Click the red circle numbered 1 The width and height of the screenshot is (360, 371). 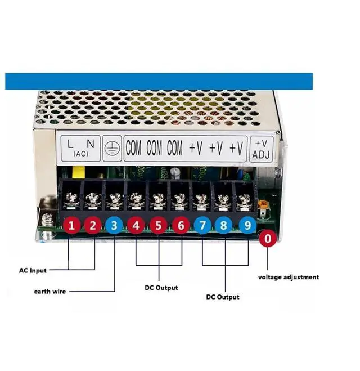[x=71, y=226]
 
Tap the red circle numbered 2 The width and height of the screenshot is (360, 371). [x=93, y=226]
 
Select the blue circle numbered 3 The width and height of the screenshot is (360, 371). [x=115, y=226]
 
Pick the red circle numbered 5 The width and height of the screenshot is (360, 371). [x=159, y=226]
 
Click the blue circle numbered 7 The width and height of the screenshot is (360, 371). [x=202, y=226]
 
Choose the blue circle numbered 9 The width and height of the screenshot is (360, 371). [x=246, y=226]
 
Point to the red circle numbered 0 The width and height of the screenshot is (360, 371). [x=268, y=239]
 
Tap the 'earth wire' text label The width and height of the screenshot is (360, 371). [x=49, y=291]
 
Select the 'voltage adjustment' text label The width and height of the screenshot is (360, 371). [x=289, y=277]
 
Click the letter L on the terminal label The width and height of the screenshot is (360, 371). [x=70, y=144]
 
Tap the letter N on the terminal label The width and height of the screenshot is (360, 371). [x=90, y=144]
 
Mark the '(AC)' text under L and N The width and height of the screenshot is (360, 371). [x=80, y=153]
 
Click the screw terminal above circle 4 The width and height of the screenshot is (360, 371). [x=136, y=199]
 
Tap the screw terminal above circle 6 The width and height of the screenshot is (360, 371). [x=179, y=199]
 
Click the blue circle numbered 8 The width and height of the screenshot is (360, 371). [x=224, y=226]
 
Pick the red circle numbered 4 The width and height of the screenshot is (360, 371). [x=137, y=226]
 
